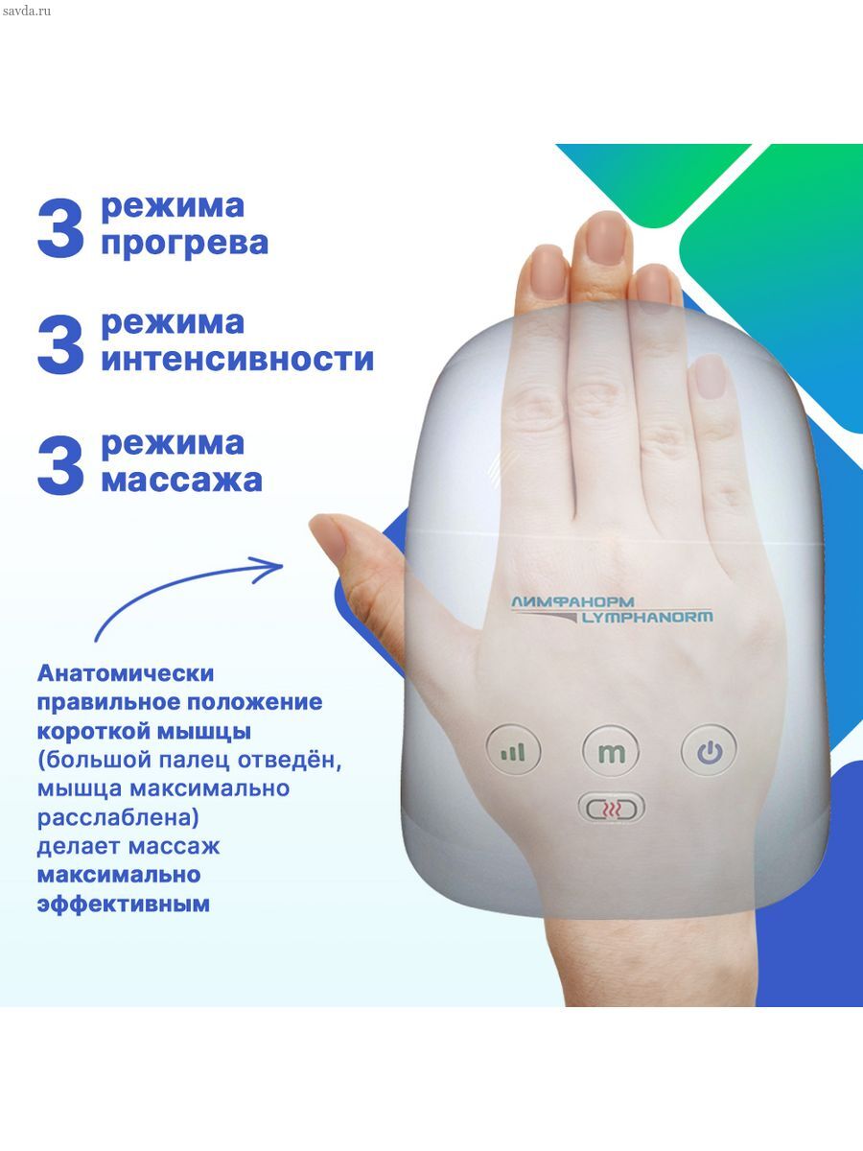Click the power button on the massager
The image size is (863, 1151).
709,750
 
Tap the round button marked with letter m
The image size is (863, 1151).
611,752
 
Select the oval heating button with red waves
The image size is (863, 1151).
611,808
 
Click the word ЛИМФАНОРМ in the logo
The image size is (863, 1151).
572,602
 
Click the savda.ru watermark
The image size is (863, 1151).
27,11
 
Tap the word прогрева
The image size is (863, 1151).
184,244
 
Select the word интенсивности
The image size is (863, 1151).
238,360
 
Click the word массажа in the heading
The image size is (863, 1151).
181,480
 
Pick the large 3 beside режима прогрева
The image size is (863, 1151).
60,227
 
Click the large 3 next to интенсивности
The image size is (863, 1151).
60,344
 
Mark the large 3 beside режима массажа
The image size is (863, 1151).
60,464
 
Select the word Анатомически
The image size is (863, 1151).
126,673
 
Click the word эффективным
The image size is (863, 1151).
123,904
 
